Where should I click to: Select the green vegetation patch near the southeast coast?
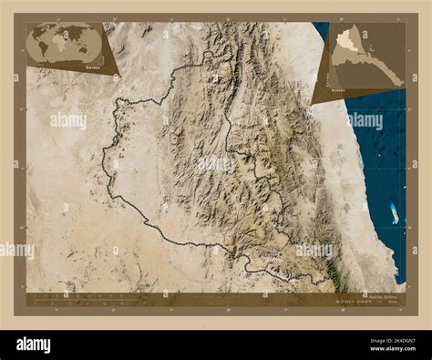(x=338, y=270)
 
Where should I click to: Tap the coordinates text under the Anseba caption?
(x=351, y=302)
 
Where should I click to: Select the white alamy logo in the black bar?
(x=34, y=345)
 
